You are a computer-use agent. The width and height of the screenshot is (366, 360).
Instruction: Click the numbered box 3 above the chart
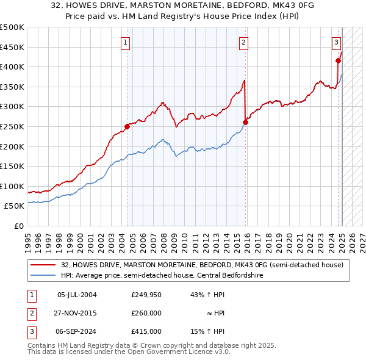pyautogui.click(x=336, y=42)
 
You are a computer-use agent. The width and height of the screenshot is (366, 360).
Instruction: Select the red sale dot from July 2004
pyautogui.click(x=127, y=126)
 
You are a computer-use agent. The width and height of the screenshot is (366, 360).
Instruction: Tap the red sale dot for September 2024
pyautogui.click(x=338, y=60)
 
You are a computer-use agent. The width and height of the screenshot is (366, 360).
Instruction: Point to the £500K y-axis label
pyautogui.click(x=12, y=27)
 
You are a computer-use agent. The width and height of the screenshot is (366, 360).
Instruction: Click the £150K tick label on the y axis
pyautogui.click(x=12, y=166)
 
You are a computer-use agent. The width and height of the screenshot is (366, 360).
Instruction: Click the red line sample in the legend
pyautogui.click(x=43, y=265)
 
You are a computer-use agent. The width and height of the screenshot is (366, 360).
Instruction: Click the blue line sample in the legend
pyautogui.click(x=43, y=275)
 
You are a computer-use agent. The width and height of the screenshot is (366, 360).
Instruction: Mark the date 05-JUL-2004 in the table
pyautogui.click(x=77, y=295)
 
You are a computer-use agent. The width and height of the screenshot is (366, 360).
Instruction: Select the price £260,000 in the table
pyautogui.click(x=146, y=313)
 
